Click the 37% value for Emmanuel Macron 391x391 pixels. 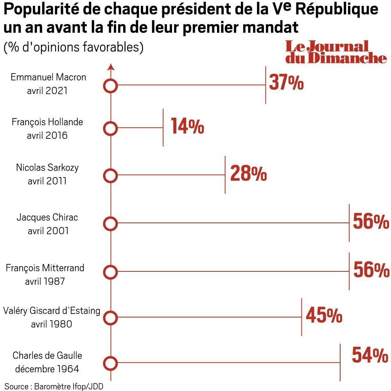point(286,83)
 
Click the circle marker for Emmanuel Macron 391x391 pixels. point(111,86)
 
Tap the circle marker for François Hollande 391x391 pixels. point(111,128)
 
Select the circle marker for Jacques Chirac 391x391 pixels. point(111,224)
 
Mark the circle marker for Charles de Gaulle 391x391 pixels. point(111,363)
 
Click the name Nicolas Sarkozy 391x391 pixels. point(47,168)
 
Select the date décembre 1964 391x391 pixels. point(46,369)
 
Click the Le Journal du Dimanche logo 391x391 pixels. point(335,52)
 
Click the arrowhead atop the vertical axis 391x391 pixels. point(111,66)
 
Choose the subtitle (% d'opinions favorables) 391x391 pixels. point(74,47)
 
